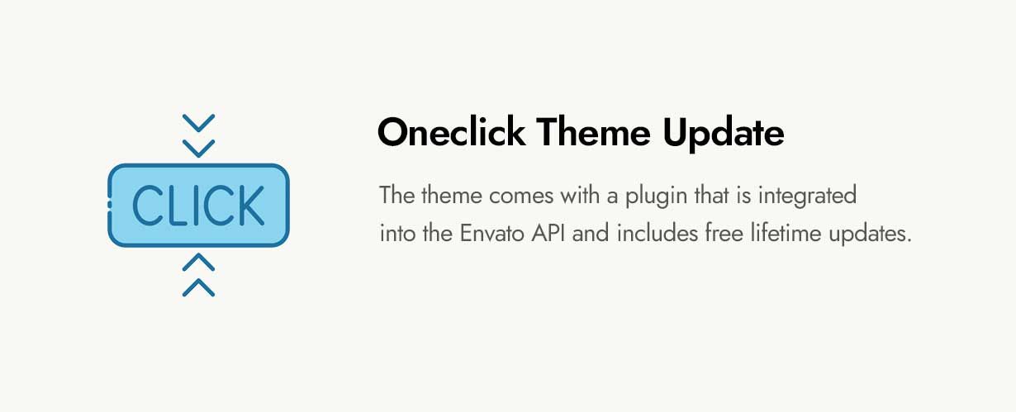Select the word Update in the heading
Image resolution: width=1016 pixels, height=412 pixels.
727,134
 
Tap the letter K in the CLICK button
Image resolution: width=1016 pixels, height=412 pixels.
248,206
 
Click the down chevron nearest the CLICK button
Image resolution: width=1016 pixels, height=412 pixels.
198,149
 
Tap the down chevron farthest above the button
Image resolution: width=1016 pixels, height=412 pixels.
198,123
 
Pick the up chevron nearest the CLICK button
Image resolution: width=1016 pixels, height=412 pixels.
198,262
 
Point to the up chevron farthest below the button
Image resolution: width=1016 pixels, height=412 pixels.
198,287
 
